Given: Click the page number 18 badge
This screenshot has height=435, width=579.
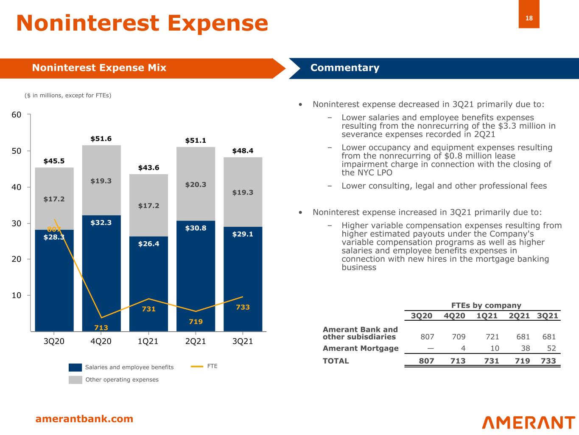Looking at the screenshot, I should [529, 18].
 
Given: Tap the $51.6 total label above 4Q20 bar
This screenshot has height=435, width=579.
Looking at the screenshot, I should [101, 139].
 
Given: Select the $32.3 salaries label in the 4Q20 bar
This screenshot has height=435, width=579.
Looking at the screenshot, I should [101, 223].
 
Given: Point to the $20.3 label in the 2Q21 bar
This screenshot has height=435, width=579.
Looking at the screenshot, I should [196, 185].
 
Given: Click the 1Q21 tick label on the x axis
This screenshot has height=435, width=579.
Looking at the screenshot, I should [148, 342].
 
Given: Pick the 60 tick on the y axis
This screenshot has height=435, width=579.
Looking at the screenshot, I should [16, 115].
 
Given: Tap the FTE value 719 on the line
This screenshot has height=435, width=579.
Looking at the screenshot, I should [196, 322].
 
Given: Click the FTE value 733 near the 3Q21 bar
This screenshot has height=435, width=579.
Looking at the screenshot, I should [243, 307].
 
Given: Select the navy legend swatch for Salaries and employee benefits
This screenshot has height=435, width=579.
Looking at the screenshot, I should [75, 367].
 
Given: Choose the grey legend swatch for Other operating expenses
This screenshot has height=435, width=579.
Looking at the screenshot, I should [75, 380].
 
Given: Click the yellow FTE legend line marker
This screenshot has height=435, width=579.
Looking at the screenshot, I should [197, 366].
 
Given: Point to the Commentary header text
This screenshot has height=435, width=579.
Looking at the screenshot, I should [345, 68].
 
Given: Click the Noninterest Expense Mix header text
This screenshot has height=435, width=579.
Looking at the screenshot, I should [99, 68].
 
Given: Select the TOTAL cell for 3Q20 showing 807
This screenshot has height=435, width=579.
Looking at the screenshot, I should [426, 361].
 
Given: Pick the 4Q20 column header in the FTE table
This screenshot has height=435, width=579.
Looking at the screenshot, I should [454, 316].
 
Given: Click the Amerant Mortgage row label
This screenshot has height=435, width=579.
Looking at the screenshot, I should [361, 348].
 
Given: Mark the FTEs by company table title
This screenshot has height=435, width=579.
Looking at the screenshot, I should [486, 305].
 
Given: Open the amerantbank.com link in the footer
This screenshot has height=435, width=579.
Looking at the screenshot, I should [84, 419].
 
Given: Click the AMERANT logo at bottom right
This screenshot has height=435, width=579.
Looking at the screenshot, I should [529, 422].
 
